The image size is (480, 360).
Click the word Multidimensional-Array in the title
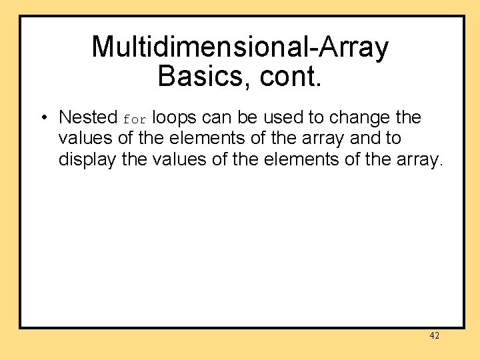coord(240,47)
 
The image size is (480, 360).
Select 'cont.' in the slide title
coord(291,77)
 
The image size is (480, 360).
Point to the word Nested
coord(88,117)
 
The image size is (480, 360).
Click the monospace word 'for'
coord(134,119)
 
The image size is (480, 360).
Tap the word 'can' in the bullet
coord(215,117)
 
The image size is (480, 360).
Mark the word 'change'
coord(360,117)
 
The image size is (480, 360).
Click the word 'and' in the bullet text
coord(365,139)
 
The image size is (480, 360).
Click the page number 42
coord(434,336)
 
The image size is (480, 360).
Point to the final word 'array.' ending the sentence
coord(417,160)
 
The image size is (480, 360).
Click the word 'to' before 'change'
coord(315,117)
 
